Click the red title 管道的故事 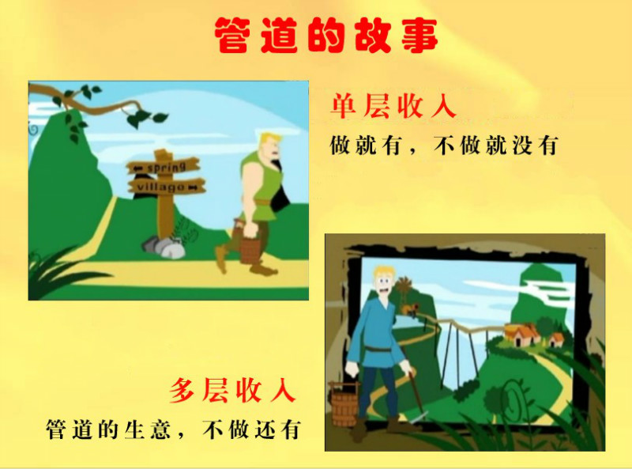[x=325, y=35]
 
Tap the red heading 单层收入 [x=393, y=107]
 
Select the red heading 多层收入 [x=232, y=390]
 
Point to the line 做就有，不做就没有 [x=443, y=146]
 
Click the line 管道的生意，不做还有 [x=173, y=429]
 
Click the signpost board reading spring [x=164, y=166]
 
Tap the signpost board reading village [x=167, y=187]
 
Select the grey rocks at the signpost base [x=164, y=247]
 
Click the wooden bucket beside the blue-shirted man [x=344, y=403]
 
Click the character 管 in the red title [x=231, y=35]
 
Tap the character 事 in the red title [x=419, y=35]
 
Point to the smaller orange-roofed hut [x=556, y=339]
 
